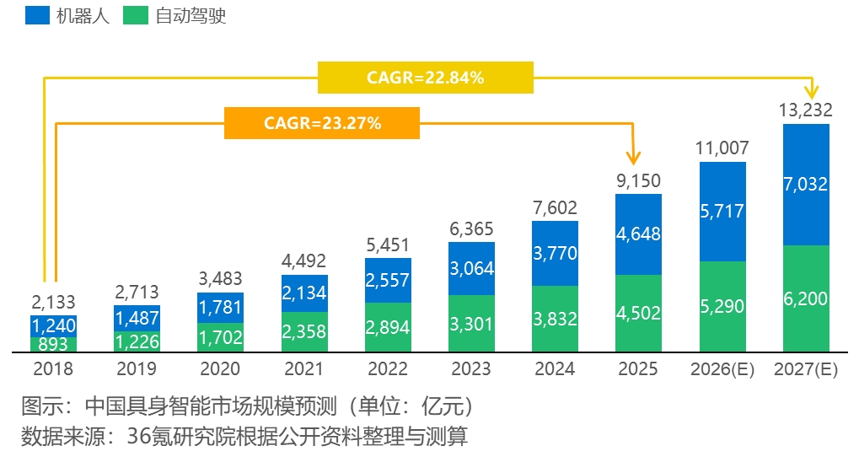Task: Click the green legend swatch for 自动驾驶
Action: [x=136, y=15]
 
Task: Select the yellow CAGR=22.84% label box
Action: [x=426, y=78]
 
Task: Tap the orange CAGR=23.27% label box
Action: [x=322, y=123]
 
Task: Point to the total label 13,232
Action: [x=806, y=110]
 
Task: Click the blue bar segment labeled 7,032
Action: [x=806, y=185]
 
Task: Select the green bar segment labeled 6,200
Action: [x=806, y=298]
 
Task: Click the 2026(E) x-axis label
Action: [x=722, y=369]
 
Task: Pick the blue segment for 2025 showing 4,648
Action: [x=639, y=234]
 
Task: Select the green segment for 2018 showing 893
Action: [x=54, y=344]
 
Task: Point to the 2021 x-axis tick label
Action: [x=303, y=369]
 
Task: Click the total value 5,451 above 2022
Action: [x=387, y=244]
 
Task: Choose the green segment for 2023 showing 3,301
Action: [x=471, y=323]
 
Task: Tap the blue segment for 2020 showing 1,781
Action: [x=220, y=308]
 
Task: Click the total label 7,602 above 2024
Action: [x=555, y=207]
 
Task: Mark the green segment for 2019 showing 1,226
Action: [x=137, y=341]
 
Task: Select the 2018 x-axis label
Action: [x=53, y=369]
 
